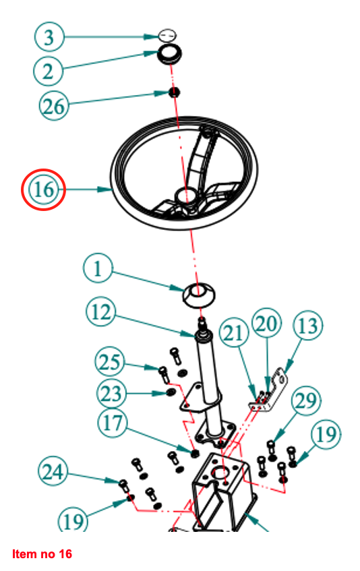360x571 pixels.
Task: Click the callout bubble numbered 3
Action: (49, 37)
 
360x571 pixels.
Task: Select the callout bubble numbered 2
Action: (49, 71)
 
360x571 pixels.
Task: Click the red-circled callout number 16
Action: (43, 189)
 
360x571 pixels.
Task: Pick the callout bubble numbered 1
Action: (98, 269)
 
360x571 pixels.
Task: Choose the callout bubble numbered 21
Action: (234, 333)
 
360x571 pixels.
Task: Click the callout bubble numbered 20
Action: (267, 323)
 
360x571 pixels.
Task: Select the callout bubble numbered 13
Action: (308, 326)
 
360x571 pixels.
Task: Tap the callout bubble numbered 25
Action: (110, 362)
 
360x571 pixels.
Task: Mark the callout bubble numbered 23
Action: (111, 393)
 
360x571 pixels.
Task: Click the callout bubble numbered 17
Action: (113, 423)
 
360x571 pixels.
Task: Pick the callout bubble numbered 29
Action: (306, 401)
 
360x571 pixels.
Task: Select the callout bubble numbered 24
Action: (53, 472)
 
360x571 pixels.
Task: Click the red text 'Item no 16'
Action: (42, 554)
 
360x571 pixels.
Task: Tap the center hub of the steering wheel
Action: (186, 196)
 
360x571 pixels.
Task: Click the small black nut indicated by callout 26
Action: (175, 92)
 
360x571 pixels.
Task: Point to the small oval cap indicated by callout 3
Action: (167, 36)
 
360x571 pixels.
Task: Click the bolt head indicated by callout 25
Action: (162, 370)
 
